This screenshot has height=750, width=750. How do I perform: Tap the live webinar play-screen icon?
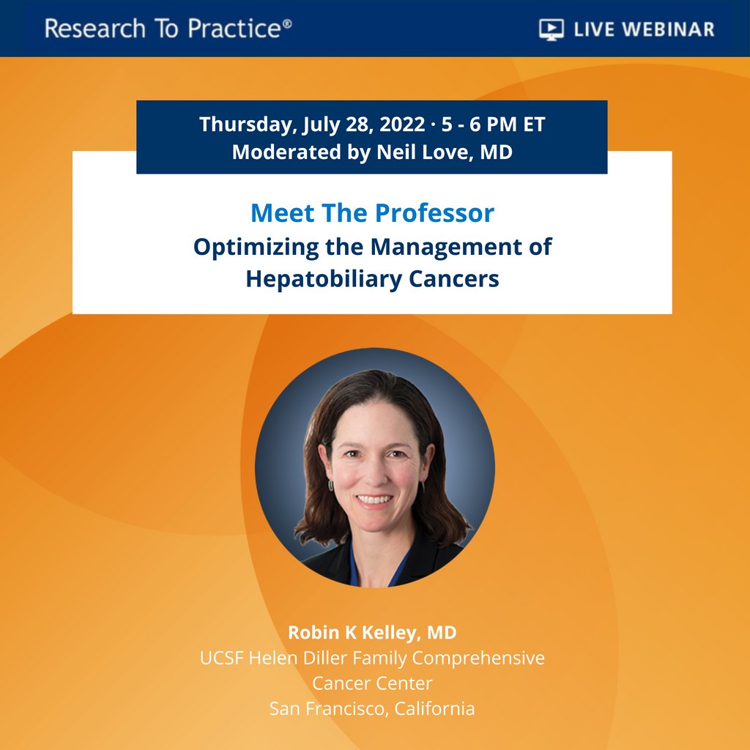(550, 29)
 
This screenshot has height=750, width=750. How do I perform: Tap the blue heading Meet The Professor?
(372, 213)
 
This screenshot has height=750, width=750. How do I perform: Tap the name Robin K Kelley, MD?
(372, 632)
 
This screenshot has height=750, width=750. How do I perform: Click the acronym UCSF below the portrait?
(221, 658)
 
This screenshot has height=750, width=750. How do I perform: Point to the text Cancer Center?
(372, 683)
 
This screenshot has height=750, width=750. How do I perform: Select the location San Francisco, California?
(372, 708)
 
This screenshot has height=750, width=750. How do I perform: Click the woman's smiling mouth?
(374, 500)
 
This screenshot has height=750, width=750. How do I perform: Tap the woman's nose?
(374, 475)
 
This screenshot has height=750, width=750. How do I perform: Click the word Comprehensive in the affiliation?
(478, 658)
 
